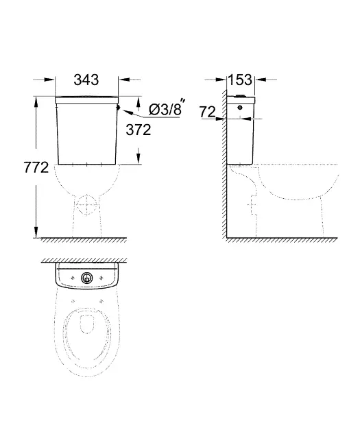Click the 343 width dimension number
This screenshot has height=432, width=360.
(x=86, y=80)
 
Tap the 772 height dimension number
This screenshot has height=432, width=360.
(x=36, y=167)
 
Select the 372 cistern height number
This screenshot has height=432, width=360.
(x=139, y=130)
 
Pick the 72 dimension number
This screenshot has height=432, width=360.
(x=207, y=112)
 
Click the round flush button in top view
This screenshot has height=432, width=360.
(x=87, y=278)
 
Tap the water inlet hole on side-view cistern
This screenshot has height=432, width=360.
(x=240, y=107)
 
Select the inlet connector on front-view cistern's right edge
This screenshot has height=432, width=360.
(x=119, y=107)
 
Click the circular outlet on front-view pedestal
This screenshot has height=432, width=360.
(x=87, y=205)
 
